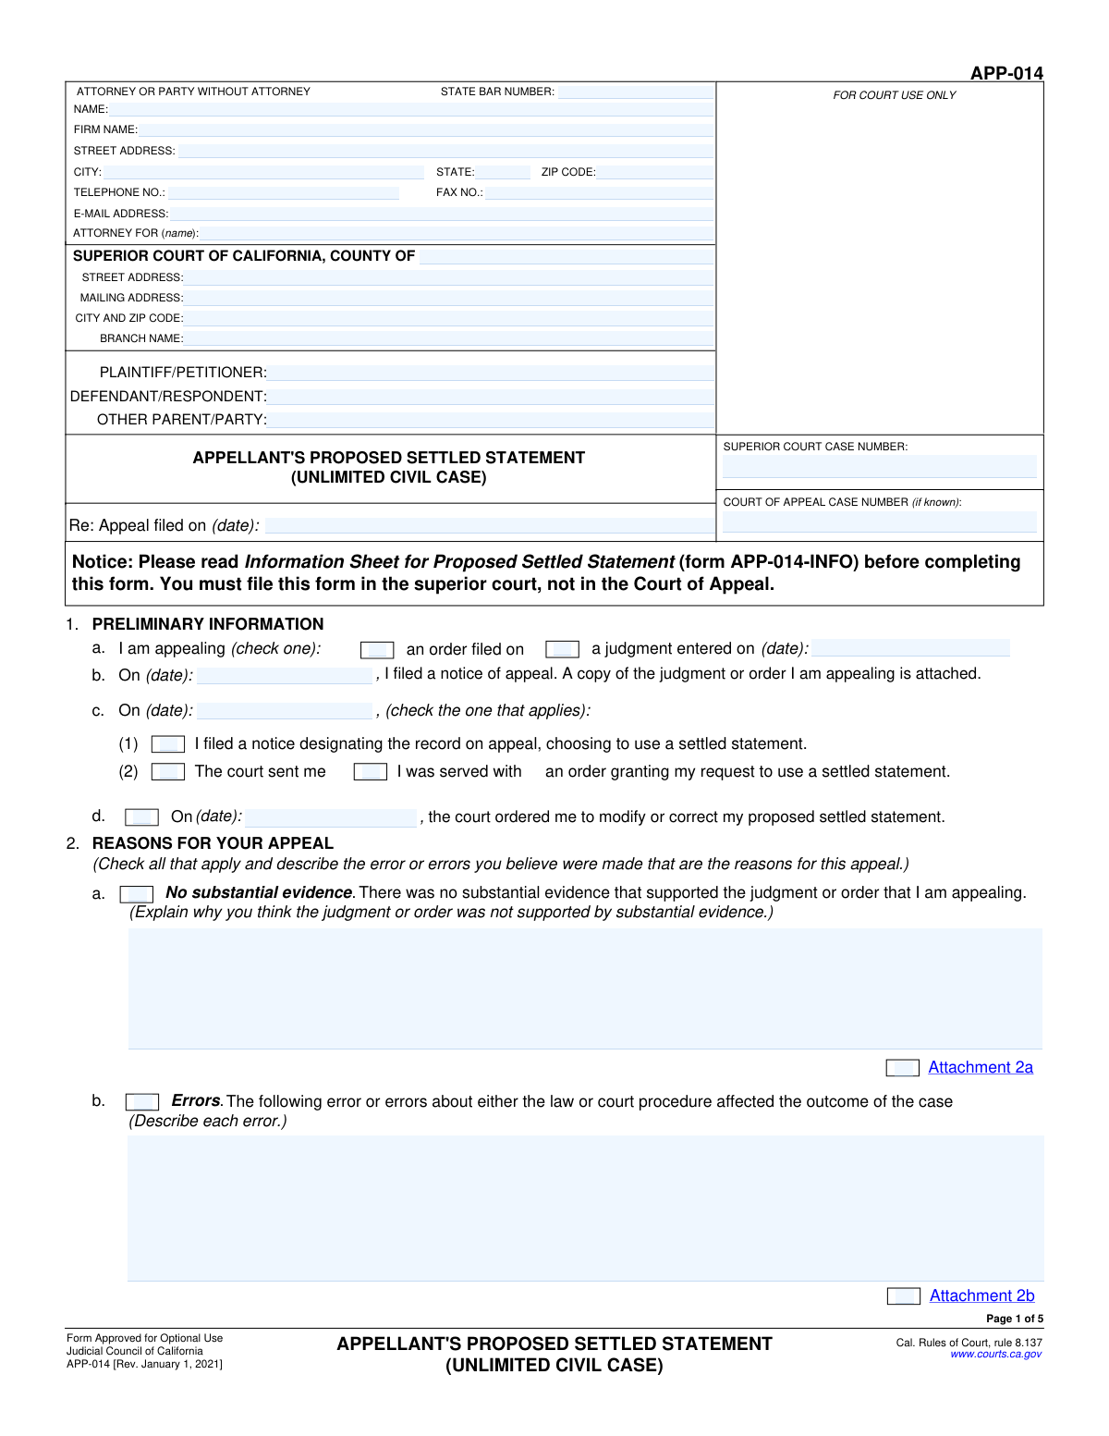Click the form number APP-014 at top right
pyautogui.click(x=1006, y=73)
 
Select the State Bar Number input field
pyautogui.click(x=635, y=92)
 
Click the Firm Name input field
pyautogui.click(x=426, y=129)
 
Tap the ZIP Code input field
pyautogui.click(x=655, y=172)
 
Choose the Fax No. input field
pyautogui.click(x=599, y=192)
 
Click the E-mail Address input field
pyautogui.click(x=441, y=214)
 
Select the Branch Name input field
pyautogui.click(x=449, y=338)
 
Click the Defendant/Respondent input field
pyautogui.click(x=491, y=397)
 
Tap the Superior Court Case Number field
pyautogui.click(x=879, y=467)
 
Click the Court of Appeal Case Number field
pyautogui.click(x=879, y=522)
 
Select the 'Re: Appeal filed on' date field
pyautogui.click(x=489, y=526)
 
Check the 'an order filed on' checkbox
pyautogui.click(x=377, y=650)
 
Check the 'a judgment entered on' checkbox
pyautogui.click(x=562, y=649)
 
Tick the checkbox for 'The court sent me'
pyautogui.click(x=168, y=772)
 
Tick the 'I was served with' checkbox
pyautogui.click(x=370, y=772)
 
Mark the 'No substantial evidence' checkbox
pyautogui.click(x=137, y=894)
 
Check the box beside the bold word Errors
pyautogui.click(x=141, y=1102)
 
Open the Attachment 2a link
pyautogui.click(x=981, y=1068)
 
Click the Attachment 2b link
pyautogui.click(x=981, y=1296)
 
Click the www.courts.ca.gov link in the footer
pyautogui.click(x=995, y=1355)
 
